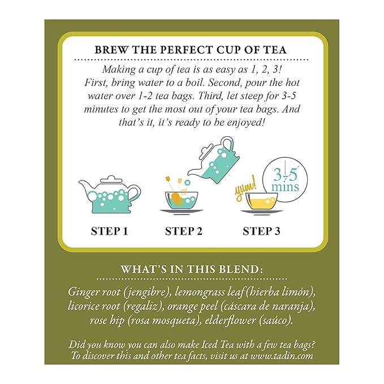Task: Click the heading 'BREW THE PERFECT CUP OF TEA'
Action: coord(191,50)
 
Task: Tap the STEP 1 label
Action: coord(110,231)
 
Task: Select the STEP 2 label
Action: coord(184,231)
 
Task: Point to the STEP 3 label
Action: coord(261,231)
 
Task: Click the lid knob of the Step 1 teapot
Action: coord(111,178)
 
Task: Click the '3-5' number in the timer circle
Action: coord(286,175)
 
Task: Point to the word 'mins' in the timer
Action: coord(285,187)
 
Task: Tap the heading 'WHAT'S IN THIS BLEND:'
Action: coord(192,269)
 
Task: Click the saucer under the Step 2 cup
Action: coord(182,210)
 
